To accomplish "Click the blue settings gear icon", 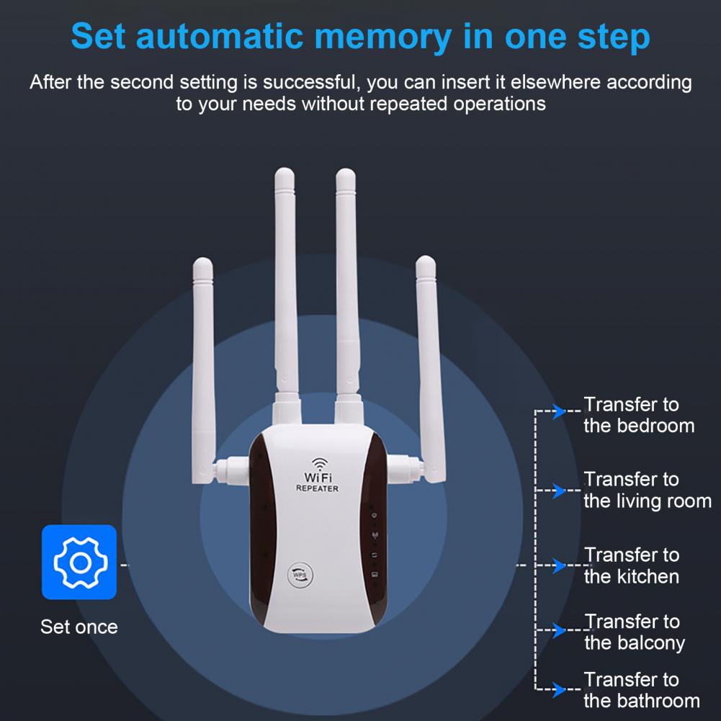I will [79, 562].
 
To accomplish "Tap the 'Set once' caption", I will [79, 627].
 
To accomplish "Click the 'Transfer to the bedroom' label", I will [638, 415].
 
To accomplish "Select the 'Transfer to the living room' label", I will [647, 490].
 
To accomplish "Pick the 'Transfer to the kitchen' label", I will [631, 565].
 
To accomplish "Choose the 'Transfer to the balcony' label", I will [633, 632].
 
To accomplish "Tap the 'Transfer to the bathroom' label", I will [641, 690].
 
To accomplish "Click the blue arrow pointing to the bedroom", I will [559, 412].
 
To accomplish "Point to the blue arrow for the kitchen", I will [559, 565].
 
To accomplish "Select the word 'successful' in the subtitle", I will [310, 82].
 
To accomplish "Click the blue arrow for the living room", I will [559, 491].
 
